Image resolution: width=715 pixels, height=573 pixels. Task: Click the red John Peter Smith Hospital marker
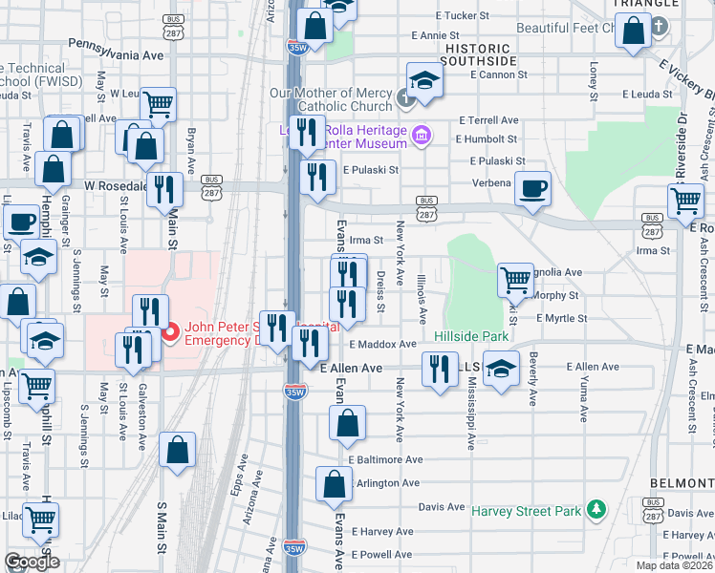(x=170, y=332)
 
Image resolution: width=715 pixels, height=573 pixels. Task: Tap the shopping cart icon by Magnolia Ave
(x=515, y=279)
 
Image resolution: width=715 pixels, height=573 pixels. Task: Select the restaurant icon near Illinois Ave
(x=440, y=369)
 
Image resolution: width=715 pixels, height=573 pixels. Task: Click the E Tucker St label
(x=462, y=16)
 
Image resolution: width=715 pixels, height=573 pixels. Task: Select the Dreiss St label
(x=380, y=293)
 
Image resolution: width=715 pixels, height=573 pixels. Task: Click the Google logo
(x=32, y=562)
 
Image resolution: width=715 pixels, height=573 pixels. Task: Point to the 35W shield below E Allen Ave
(x=295, y=391)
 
